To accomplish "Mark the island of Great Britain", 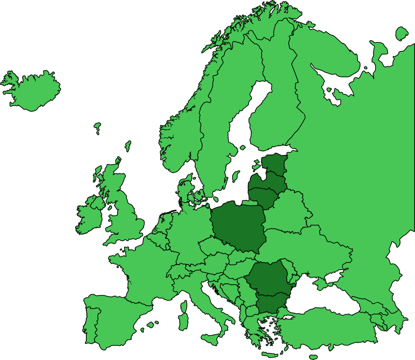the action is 124,217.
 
